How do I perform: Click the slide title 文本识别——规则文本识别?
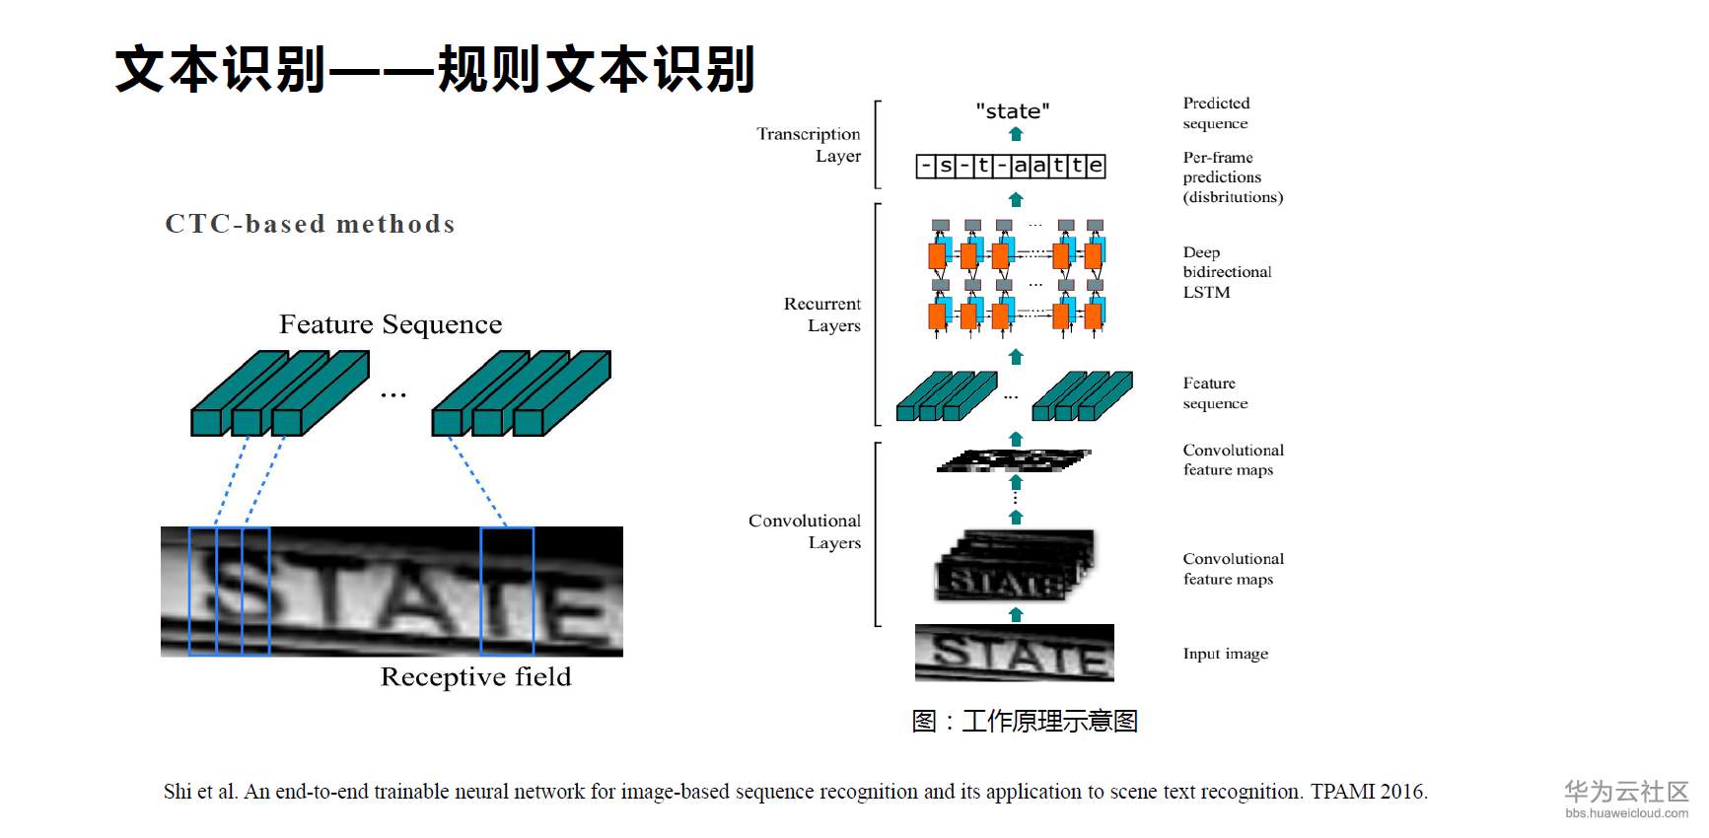(435, 69)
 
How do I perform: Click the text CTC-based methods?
(310, 225)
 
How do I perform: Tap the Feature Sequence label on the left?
(391, 324)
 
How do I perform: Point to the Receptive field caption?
(475, 676)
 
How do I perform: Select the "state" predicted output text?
(1013, 111)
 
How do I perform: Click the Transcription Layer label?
(809, 145)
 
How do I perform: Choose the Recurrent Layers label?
(822, 314)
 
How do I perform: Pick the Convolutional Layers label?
(805, 531)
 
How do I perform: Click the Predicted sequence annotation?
(1216, 113)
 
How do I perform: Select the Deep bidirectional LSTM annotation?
(1227, 272)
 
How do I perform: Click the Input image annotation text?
(1226, 654)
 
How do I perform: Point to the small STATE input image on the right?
(1014, 653)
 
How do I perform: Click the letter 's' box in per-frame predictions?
(945, 166)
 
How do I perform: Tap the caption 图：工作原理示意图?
(1025, 721)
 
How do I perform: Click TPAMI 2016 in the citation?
(1368, 792)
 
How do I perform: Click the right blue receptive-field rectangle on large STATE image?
(507, 591)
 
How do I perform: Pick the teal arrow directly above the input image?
(1016, 614)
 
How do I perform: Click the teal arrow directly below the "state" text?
(1016, 134)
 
